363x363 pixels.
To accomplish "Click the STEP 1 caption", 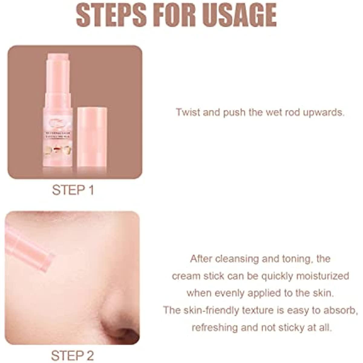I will coord(73,190).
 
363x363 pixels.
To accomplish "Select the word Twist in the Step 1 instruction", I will coord(188,113).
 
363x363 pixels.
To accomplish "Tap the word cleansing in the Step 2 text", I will coord(232,259).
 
